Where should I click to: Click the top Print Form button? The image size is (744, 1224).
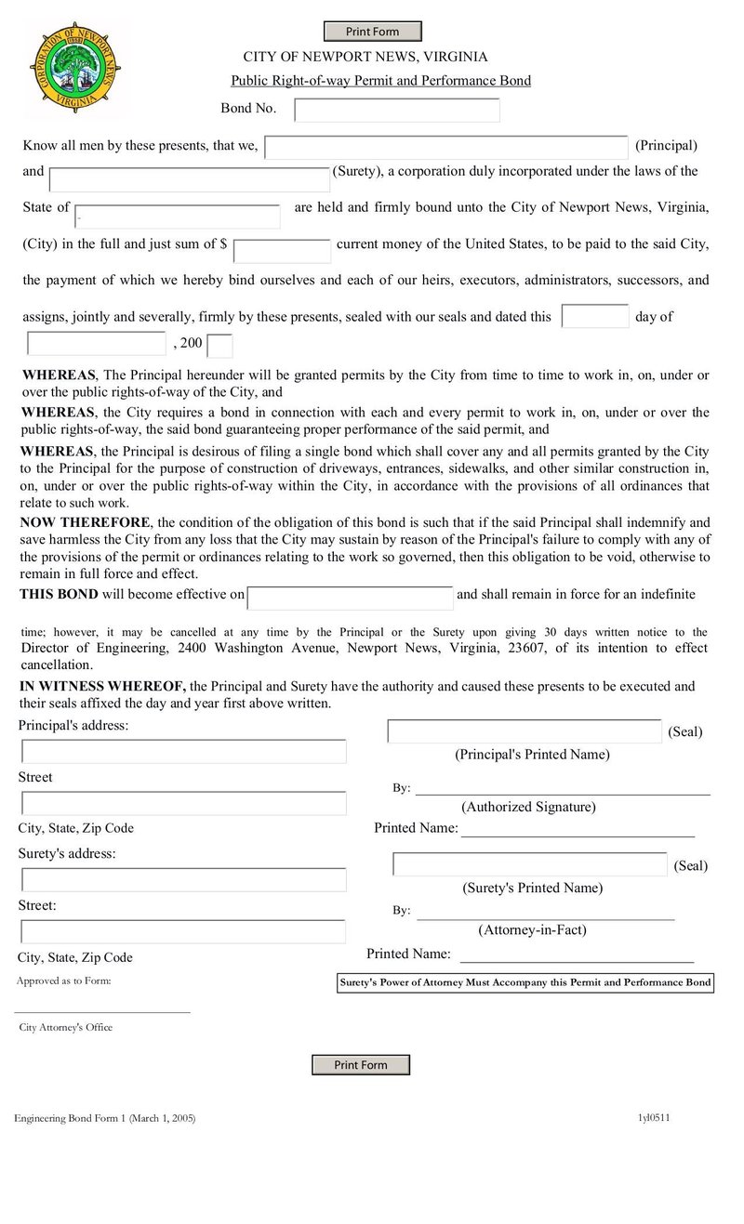point(372,32)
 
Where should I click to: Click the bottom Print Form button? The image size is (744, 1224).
point(360,1064)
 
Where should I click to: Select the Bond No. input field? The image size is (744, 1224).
point(396,110)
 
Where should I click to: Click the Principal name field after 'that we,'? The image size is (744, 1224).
point(445,147)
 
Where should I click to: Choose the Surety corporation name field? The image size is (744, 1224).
point(189,179)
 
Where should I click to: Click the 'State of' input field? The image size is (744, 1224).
point(177,216)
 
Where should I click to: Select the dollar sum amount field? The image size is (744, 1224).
point(282,251)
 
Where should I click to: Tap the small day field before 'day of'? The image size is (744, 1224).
point(594,316)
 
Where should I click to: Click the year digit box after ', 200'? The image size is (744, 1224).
point(219,346)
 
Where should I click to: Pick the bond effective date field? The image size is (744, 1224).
point(350,598)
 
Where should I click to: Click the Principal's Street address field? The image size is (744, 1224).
point(183,751)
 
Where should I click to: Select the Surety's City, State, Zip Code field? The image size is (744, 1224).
point(183,931)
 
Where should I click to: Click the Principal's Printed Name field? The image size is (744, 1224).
point(524,731)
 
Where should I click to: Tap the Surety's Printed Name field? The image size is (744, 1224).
point(529,863)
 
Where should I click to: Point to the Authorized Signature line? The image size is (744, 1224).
point(562,790)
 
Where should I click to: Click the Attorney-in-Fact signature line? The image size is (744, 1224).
point(545,915)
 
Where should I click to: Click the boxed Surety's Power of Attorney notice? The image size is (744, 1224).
point(525,982)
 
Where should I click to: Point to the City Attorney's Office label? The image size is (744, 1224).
point(66,1027)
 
